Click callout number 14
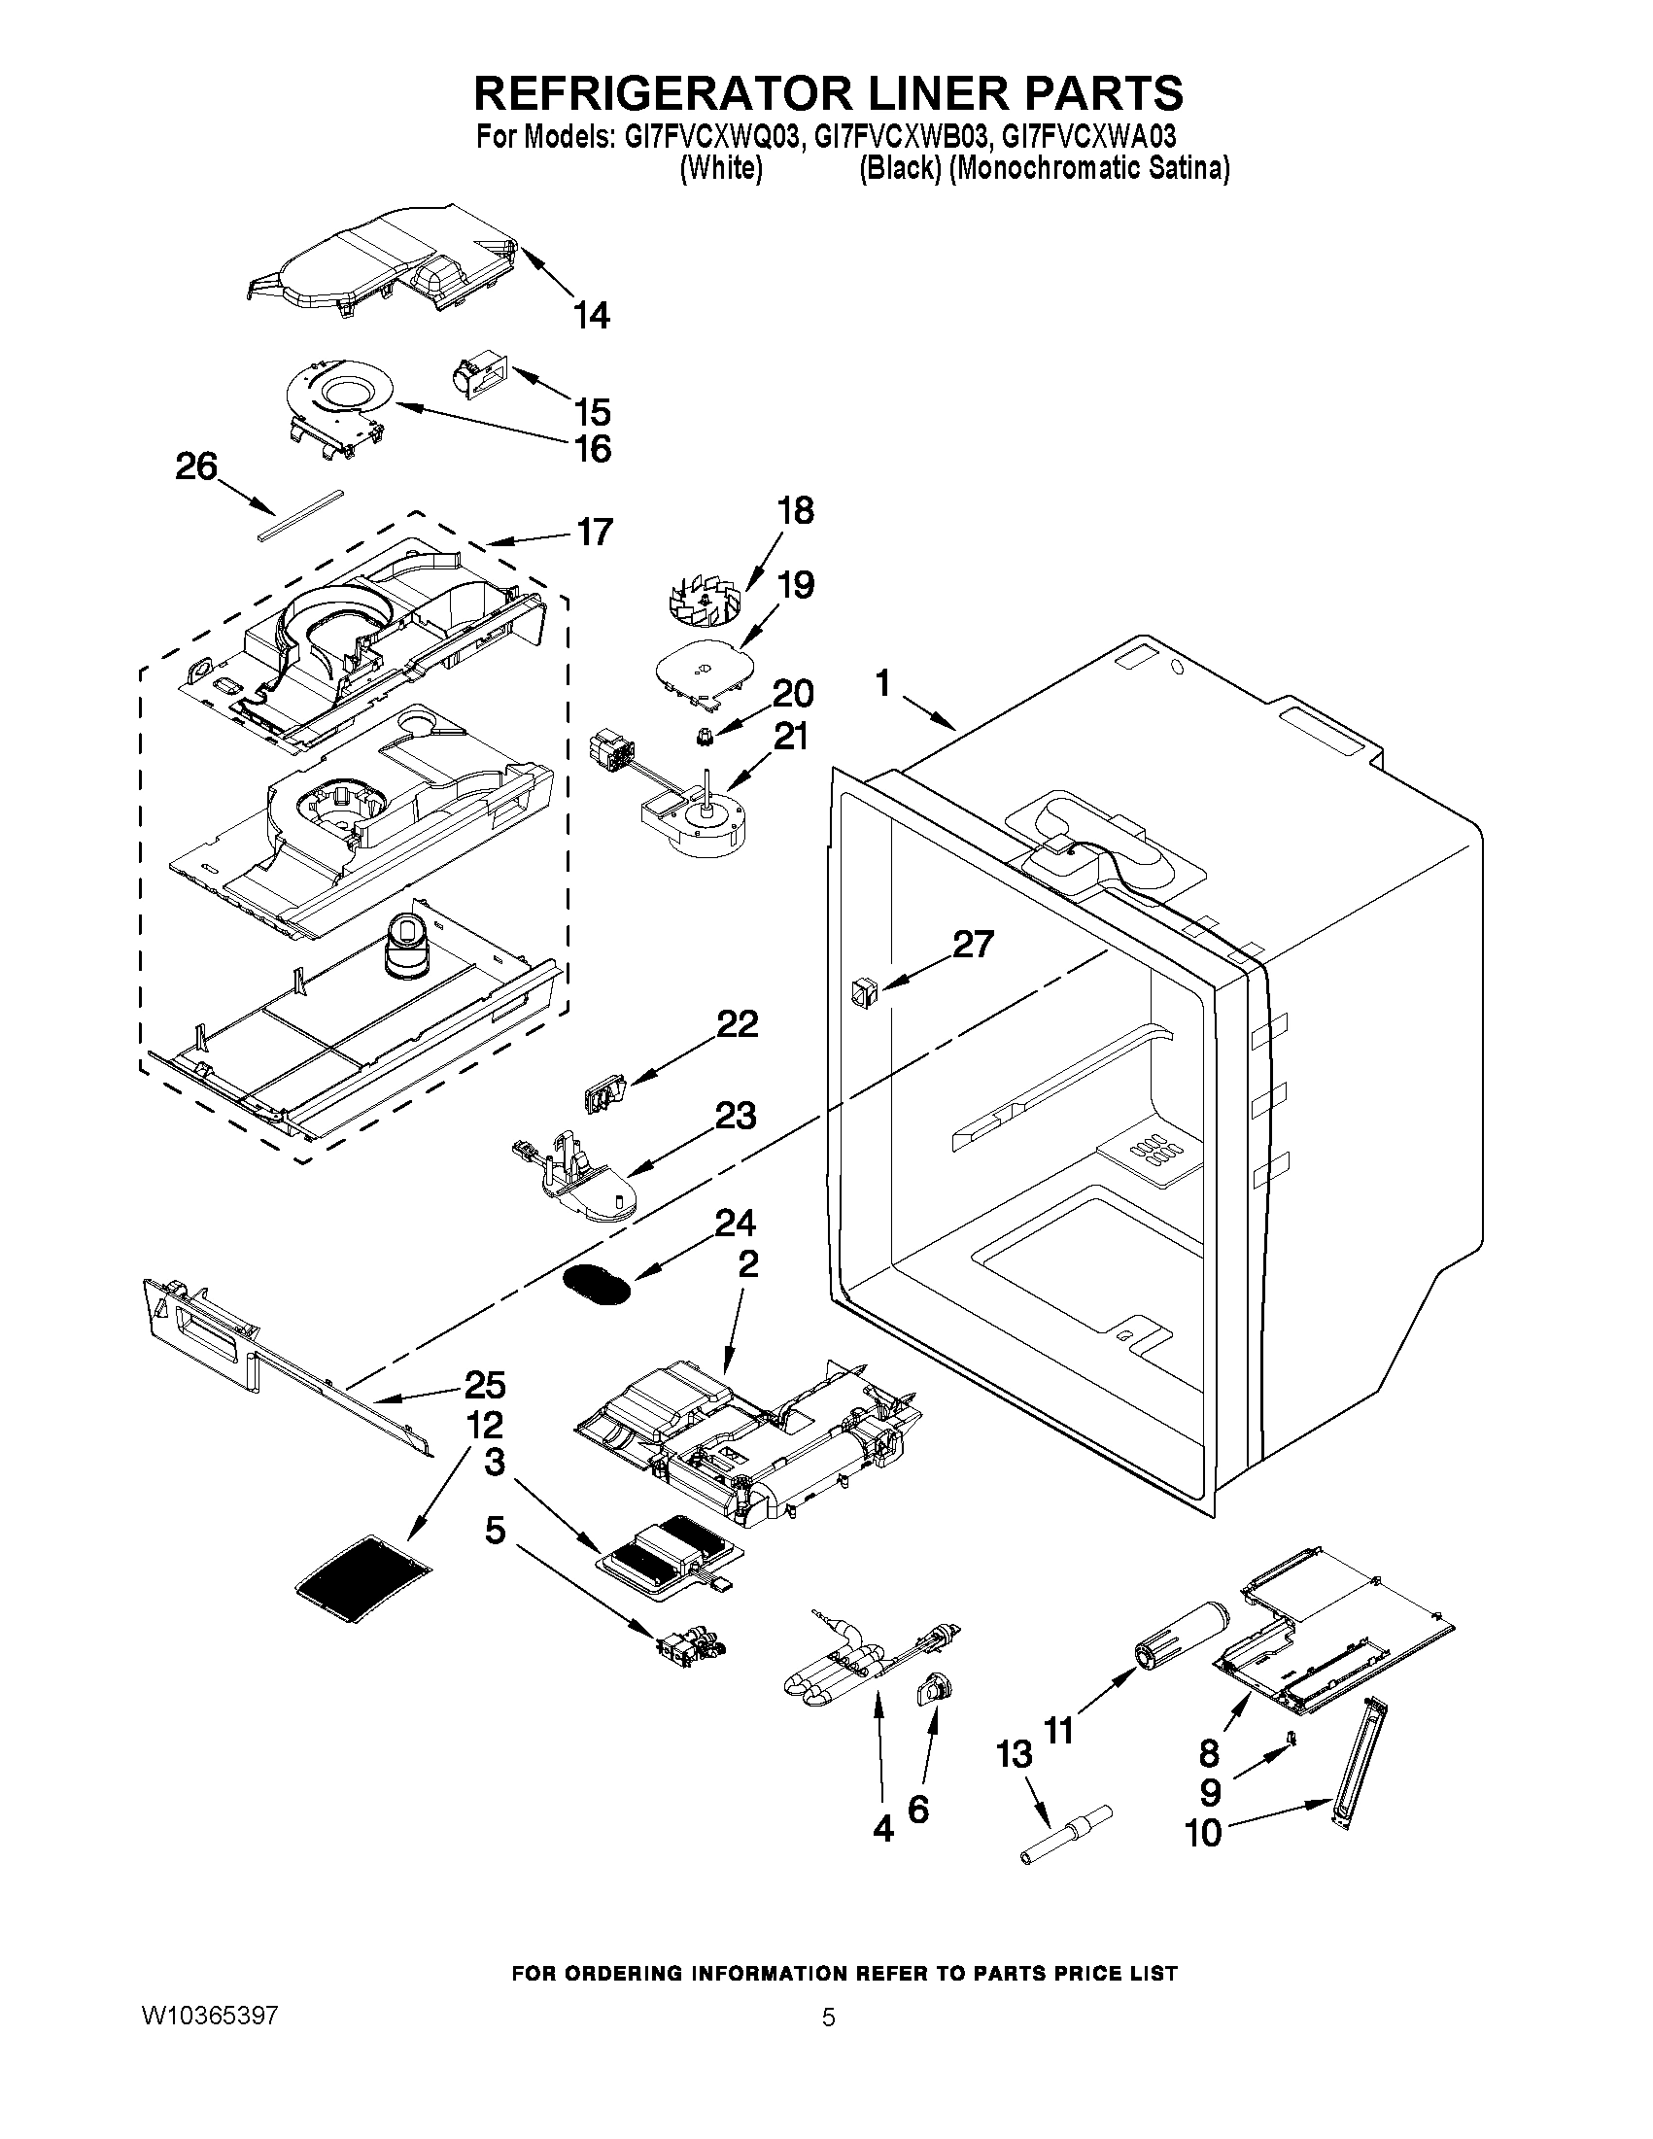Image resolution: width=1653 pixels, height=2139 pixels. [592, 316]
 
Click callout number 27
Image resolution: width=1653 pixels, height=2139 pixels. [973, 945]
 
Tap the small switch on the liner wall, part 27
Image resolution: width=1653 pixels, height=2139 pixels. [863, 994]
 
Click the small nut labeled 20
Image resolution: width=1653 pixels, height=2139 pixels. [706, 735]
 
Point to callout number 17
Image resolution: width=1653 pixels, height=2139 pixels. [595, 532]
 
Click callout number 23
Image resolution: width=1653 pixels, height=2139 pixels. [735, 1116]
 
